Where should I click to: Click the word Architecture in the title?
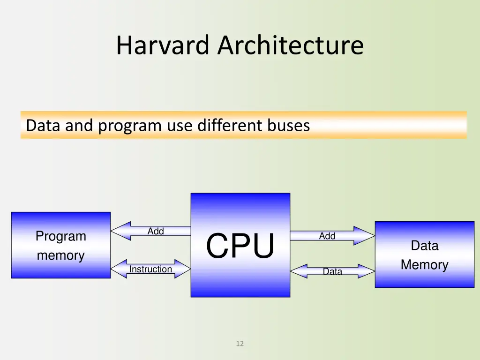pyautogui.click(x=291, y=45)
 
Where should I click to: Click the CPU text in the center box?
pyautogui.click(x=240, y=246)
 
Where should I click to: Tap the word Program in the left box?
pyautogui.click(x=61, y=236)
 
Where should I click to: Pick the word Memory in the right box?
pyautogui.click(x=425, y=265)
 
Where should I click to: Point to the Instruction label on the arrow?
pyautogui.click(x=150, y=269)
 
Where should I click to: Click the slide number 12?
pyautogui.click(x=240, y=344)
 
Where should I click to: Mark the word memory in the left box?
pyautogui.click(x=60, y=255)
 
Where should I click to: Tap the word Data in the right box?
pyautogui.click(x=425, y=246)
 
